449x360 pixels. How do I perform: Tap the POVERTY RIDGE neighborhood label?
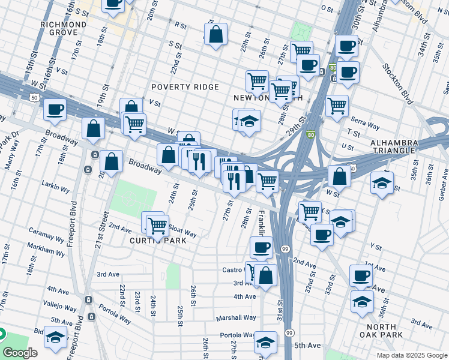coord(185,87)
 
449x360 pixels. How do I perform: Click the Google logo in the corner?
coord(20,353)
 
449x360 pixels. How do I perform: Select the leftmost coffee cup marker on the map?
coord(55,109)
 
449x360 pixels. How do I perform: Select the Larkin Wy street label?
coord(56,188)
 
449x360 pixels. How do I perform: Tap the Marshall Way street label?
coord(237,317)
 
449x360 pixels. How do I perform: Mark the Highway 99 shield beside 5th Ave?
coord(289,333)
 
